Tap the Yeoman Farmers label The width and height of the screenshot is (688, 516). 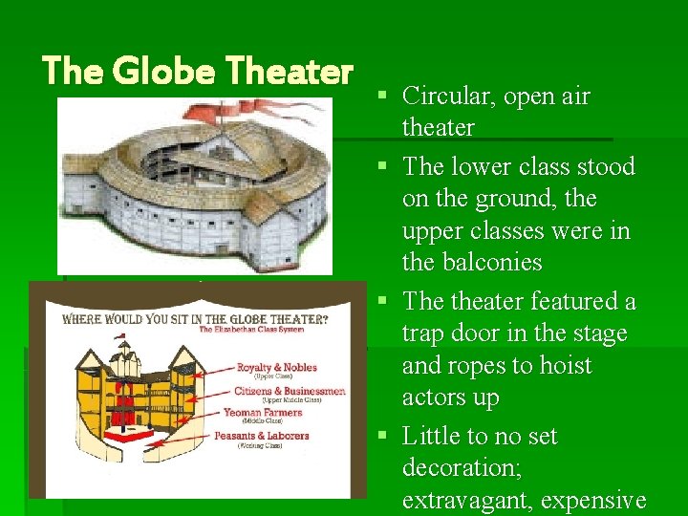click(x=263, y=413)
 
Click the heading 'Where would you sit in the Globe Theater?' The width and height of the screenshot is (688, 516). click(x=191, y=318)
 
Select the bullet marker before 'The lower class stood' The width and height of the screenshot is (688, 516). click(x=383, y=167)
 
